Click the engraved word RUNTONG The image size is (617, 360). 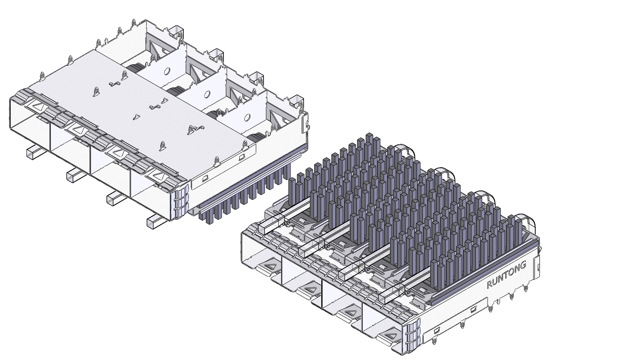click(507, 274)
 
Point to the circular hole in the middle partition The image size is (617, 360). click(205, 94)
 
